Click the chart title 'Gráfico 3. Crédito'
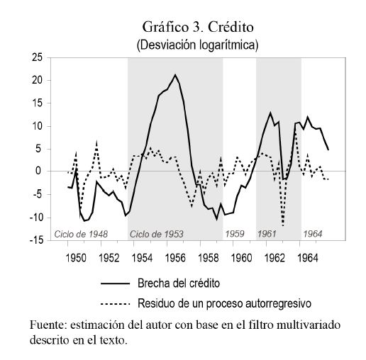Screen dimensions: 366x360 click(198, 27)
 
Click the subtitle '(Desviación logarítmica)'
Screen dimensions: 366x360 click(197, 45)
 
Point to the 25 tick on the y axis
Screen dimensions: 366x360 click(37, 57)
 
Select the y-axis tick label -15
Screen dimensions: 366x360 click(36, 240)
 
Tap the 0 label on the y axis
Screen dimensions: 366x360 click(38, 171)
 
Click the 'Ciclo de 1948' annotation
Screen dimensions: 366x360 click(81, 234)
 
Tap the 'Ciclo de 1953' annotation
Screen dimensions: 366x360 click(157, 234)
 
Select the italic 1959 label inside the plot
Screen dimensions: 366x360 click(235, 234)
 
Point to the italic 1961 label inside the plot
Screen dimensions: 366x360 click(267, 234)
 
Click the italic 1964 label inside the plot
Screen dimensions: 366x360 click(313, 234)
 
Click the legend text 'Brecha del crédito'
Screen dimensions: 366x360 click(179, 283)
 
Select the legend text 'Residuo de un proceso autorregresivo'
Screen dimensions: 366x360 click(224, 303)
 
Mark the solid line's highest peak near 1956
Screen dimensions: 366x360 click(175, 74)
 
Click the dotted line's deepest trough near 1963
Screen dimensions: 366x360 click(283, 226)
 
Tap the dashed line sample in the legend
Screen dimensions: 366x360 click(116, 304)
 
